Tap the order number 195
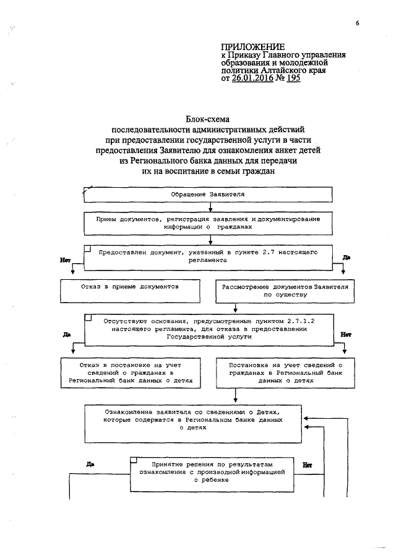[x=293, y=79]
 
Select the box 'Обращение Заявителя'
[x=208, y=194]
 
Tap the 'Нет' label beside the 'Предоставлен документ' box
[x=64, y=261]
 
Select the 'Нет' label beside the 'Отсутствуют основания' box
[x=346, y=334]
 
